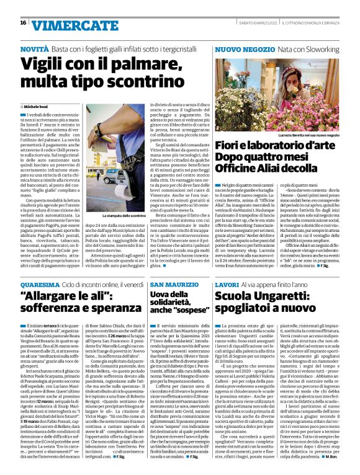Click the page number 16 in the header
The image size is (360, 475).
tap(22, 23)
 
